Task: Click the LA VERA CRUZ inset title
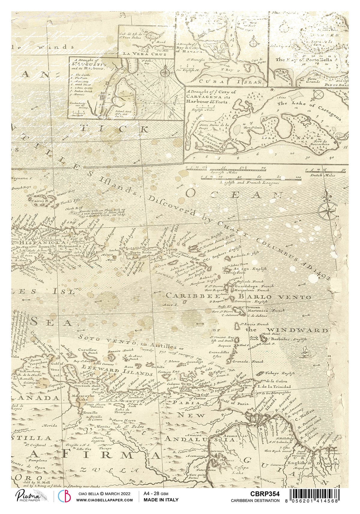pyautogui.click(x=146, y=54)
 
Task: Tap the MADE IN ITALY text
pyautogui.click(x=161, y=500)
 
